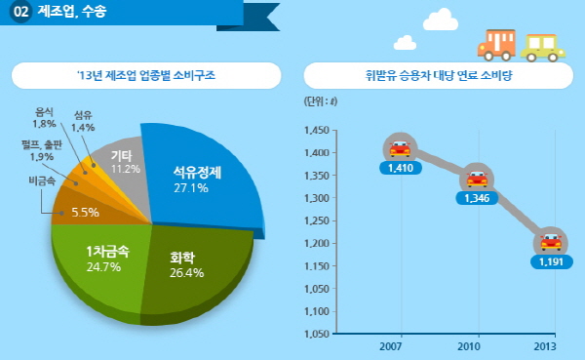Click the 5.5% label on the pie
[x=86, y=212]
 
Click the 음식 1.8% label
[x=45, y=118]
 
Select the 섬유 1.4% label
[x=84, y=121]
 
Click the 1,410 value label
[x=400, y=168]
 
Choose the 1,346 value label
[x=476, y=198]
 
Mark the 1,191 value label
[x=551, y=261]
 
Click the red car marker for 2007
[x=400, y=148]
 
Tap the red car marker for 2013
[x=551, y=242]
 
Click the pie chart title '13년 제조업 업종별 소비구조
[x=145, y=75]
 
